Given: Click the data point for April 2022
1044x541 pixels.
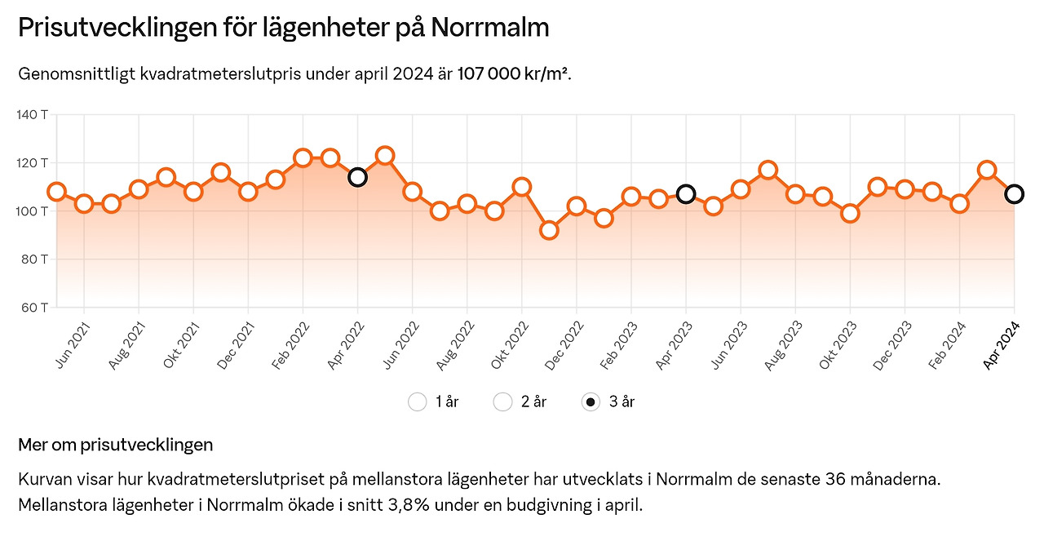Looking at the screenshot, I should (357, 177).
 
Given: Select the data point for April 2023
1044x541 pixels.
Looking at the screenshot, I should (686, 193).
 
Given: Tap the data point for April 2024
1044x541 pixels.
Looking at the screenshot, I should (1014, 193).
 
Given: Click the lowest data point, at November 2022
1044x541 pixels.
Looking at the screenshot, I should (549, 230).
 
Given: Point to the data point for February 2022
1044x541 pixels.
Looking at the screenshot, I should (303, 158).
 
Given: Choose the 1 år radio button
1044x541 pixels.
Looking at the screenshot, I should (418, 401).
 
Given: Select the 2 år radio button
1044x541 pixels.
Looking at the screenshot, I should (503, 401).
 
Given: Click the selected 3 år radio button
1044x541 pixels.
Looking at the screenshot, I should (591, 401).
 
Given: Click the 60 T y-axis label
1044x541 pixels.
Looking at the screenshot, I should (33, 308).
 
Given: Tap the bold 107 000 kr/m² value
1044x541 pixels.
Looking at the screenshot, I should (513, 74).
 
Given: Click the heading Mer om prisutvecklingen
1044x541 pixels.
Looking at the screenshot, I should (115, 445).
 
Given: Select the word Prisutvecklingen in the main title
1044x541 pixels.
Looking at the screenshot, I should (117, 28).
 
